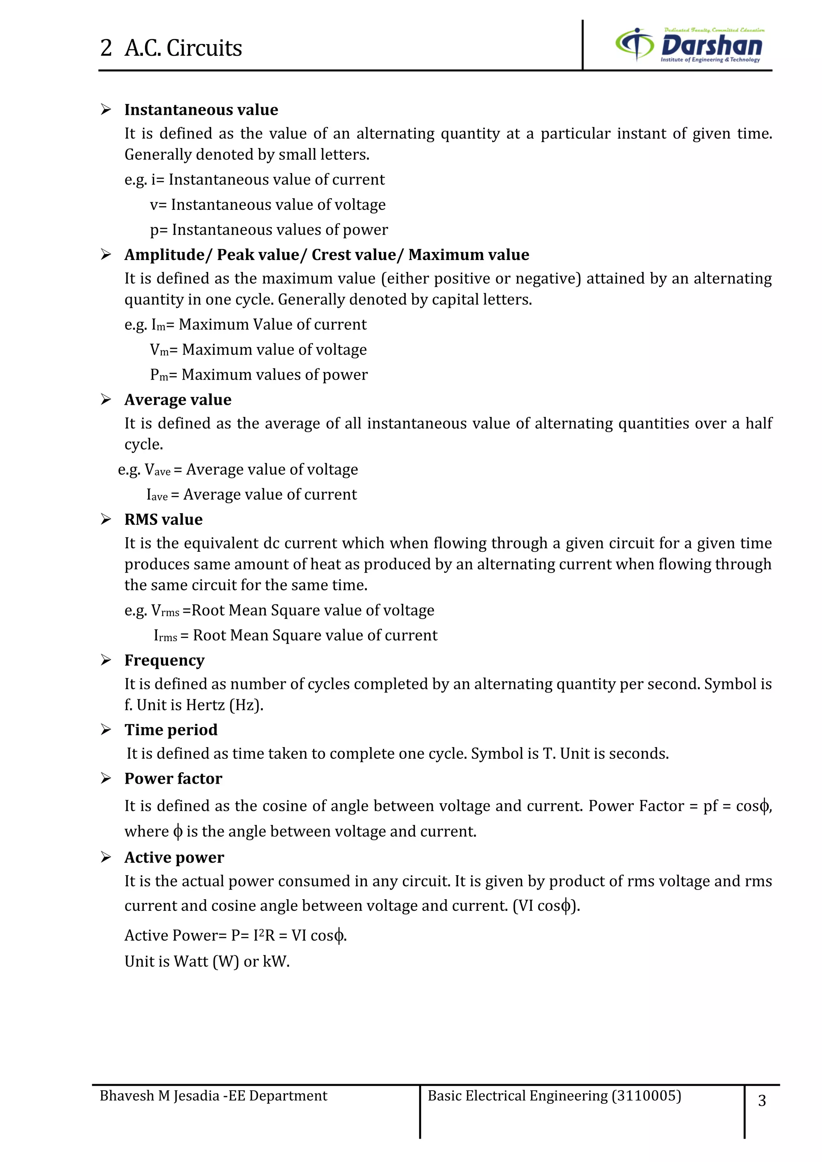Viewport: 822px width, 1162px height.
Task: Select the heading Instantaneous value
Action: coord(201,110)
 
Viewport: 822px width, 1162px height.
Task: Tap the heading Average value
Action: coord(178,400)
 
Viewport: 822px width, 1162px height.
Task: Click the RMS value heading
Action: coord(163,520)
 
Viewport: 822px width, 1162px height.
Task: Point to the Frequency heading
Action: coord(165,660)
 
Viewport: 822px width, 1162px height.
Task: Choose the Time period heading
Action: coord(171,730)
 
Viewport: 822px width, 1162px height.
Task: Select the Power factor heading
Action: coord(173,778)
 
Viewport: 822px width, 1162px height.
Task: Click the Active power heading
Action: coord(174,857)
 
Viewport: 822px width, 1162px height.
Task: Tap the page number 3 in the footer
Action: coord(762,1101)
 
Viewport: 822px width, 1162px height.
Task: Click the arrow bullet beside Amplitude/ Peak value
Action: coord(106,254)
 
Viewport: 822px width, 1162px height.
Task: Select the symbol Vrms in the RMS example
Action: coord(165,611)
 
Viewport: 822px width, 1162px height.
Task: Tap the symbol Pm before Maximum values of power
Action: coord(159,375)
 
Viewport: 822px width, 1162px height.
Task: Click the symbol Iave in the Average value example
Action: coord(157,495)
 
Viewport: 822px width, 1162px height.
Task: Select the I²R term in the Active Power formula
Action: coord(264,935)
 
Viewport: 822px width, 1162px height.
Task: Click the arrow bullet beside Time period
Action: coord(106,730)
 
